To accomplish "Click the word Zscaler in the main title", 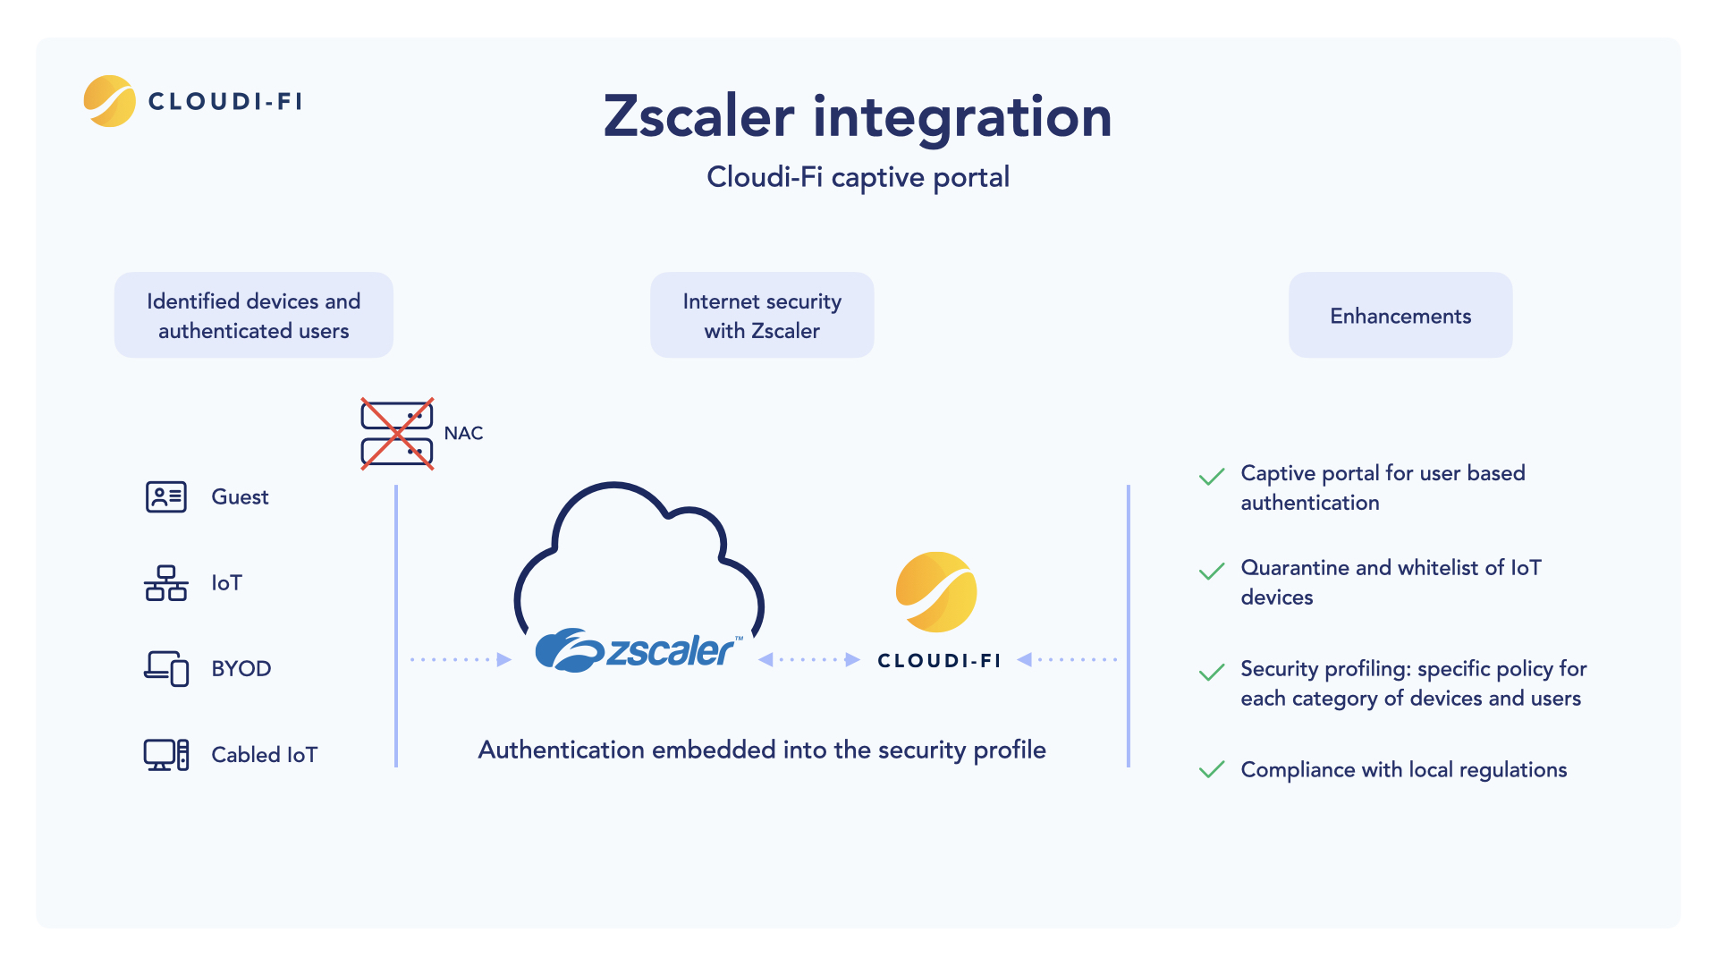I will [x=698, y=117].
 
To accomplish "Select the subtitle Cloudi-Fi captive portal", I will [x=858, y=177].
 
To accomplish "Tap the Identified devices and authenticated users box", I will [x=254, y=316].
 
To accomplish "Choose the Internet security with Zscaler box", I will [x=762, y=316].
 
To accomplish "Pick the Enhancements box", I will [x=1400, y=316].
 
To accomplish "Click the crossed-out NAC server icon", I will [x=397, y=434].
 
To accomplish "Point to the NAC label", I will [x=463, y=434].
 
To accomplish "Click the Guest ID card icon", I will [x=166, y=496].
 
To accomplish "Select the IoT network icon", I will [x=166, y=583].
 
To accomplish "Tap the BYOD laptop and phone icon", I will [x=166, y=668].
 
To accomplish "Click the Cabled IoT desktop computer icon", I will [x=166, y=755].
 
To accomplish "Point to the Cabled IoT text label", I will [x=264, y=755].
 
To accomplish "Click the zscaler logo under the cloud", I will [x=639, y=650].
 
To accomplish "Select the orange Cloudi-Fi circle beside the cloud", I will [x=936, y=592].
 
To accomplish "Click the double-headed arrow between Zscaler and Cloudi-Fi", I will [x=809, y=660].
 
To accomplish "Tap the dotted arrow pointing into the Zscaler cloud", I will [x=461, y=660].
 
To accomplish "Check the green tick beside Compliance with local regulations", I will [x=1212, y=770].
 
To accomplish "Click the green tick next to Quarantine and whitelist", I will [x=1212, y=572].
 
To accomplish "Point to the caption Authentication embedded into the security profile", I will [x=762, y=750].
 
